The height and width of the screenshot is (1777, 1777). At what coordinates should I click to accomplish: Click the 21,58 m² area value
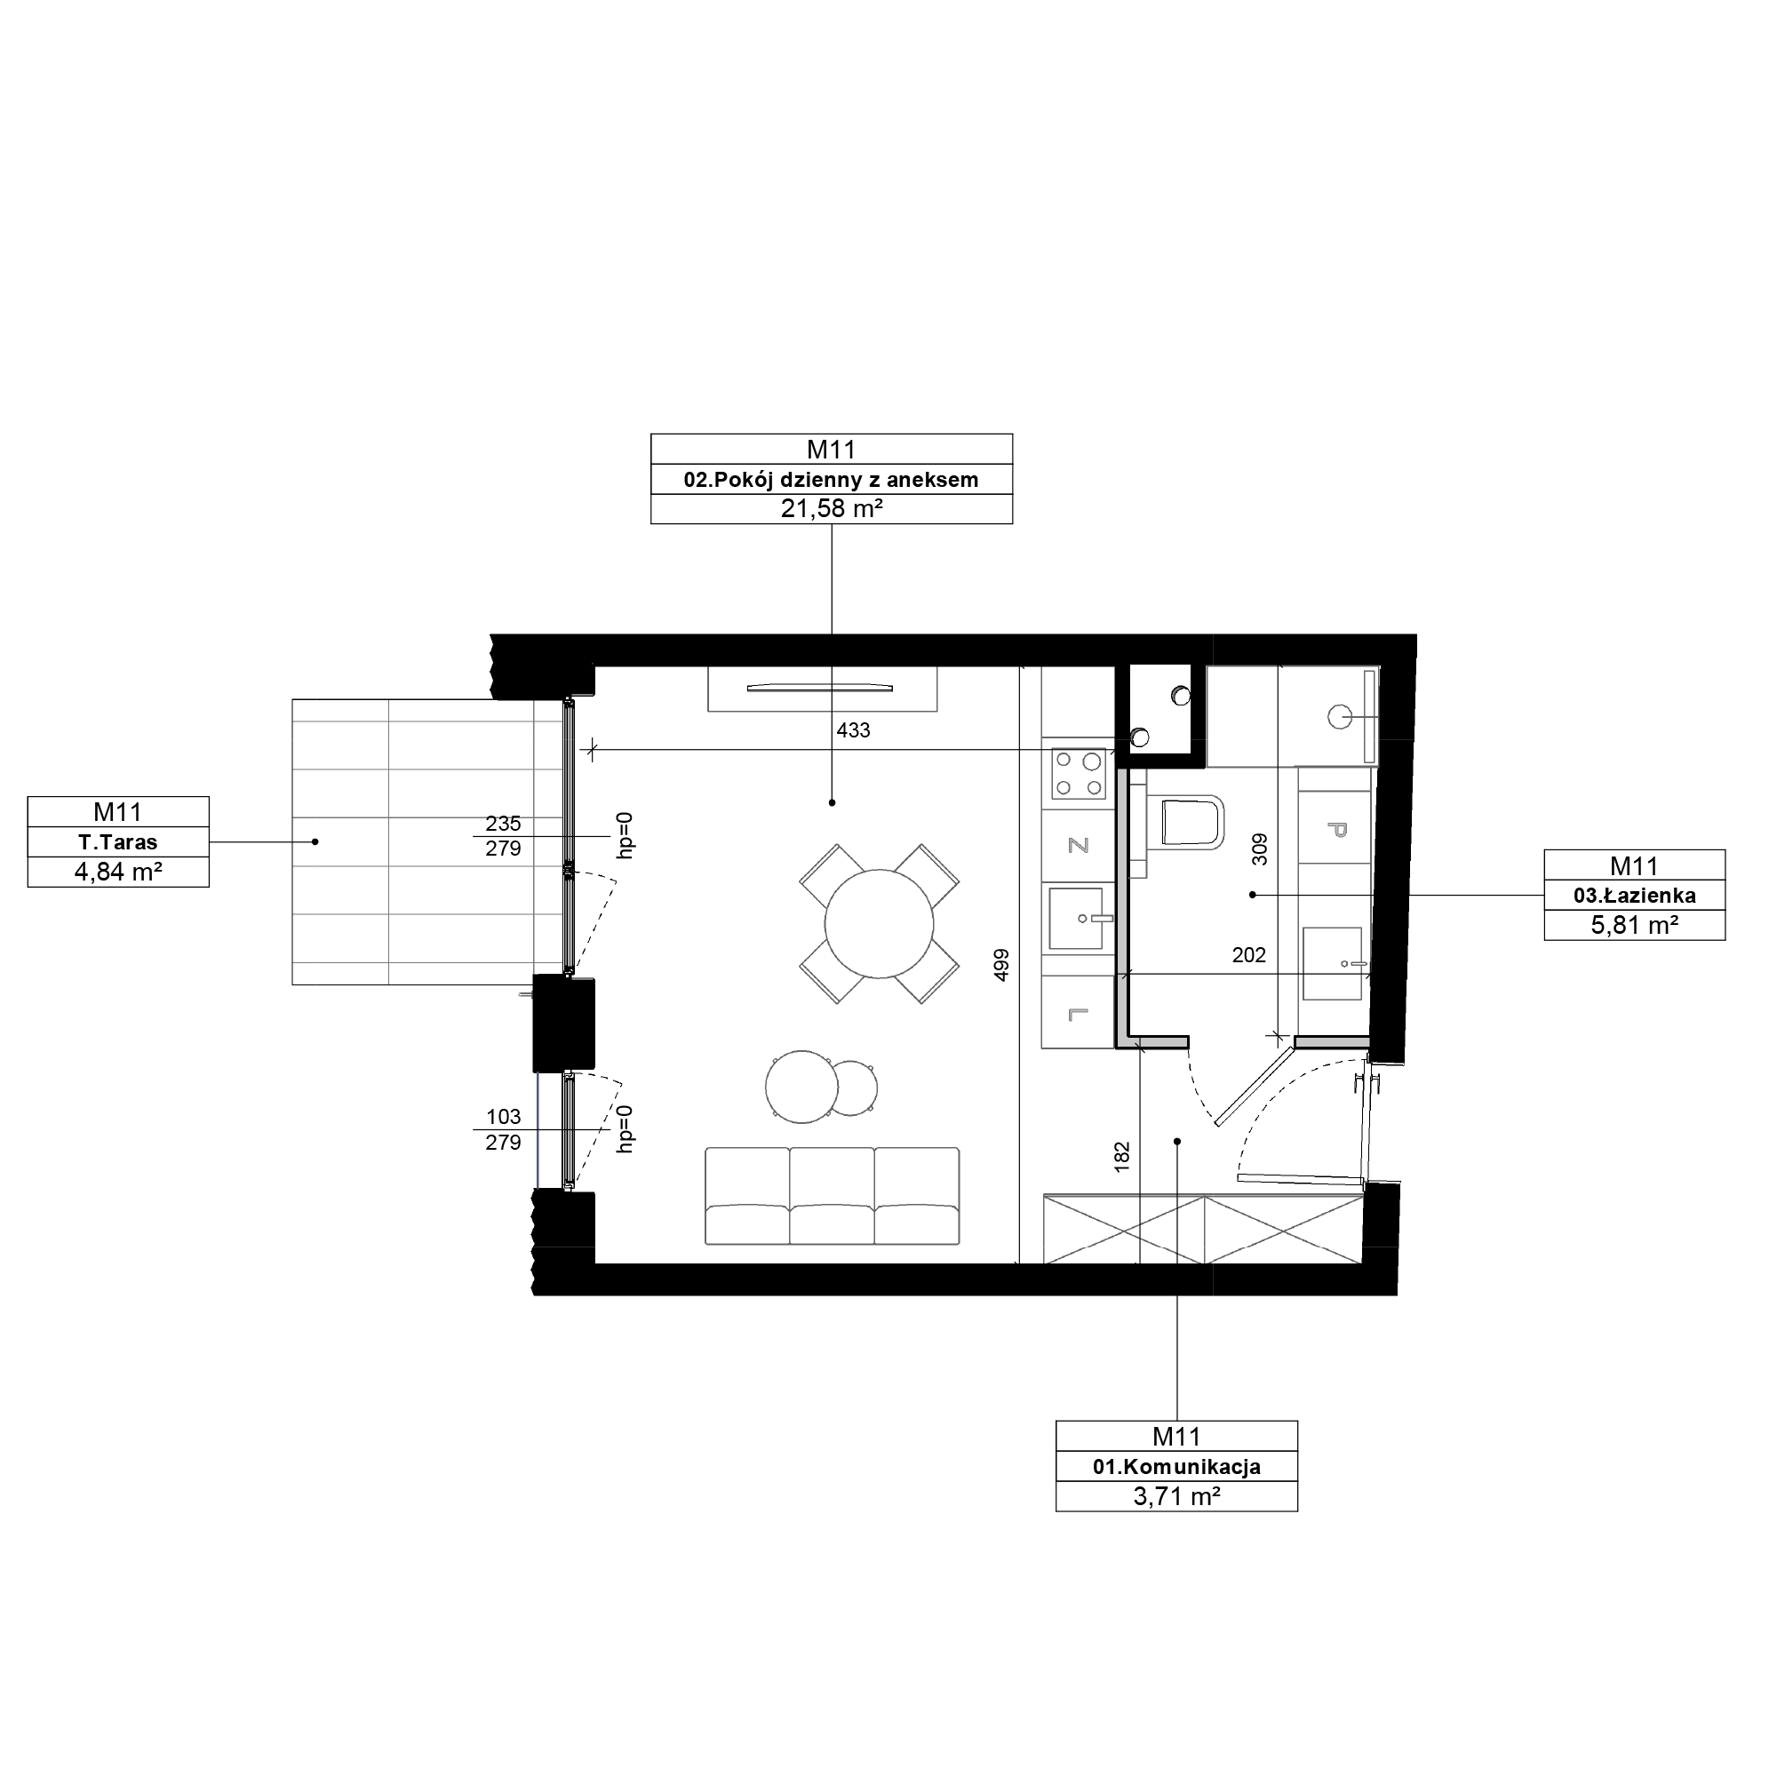pyautogui.click(x=832, y=508)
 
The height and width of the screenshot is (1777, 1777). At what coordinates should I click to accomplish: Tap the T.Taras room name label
pyautogui.click(x=118, y=841)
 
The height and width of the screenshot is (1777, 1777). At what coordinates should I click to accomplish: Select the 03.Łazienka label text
pyautogui.click(x=1635, y=895)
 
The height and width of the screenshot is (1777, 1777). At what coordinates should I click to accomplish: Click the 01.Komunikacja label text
pyautogui.click(x=1176, y=1467)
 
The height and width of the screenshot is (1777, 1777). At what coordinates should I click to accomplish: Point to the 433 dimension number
pyautogui.click(x=854, y=730)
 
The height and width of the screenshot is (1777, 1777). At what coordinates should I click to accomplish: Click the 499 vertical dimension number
pyautogui.click(x=1001, y=964)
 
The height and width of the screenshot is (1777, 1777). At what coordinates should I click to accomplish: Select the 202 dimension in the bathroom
pyautogui.click(x=1249, y=956)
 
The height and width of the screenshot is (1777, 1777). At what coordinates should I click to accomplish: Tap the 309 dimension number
pyautogui.click(x=1259, y=849)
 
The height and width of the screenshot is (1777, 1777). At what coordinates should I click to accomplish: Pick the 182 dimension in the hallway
pyautogui.click(x=1121, y=1157)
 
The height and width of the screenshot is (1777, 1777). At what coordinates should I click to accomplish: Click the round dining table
pyautogui.click(x=880, y=924)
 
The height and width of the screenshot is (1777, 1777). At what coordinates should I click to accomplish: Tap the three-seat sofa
pyautogui.click(x=832, y=1196)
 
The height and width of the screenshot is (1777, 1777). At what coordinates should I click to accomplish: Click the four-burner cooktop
pyautogui.click(x=1079, y=774)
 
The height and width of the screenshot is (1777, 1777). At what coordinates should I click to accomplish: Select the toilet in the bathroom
pyautogui.click(x=1193, y=821)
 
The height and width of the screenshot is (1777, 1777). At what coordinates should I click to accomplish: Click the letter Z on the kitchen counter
pyautogui.click(x=1078, y=845)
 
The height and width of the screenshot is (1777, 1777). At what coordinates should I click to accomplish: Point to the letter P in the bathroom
pyautogui.click(x=1336, y=830)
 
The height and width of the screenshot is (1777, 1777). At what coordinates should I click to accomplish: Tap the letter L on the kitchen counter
pyautogui.click(x=1078, y=1015)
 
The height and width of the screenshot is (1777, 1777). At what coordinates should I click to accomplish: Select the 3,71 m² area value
pyautogui.click(x=1176, y=1496)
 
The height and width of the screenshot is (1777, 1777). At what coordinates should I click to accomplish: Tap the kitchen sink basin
pyautogui.click(x=1075, y=917)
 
